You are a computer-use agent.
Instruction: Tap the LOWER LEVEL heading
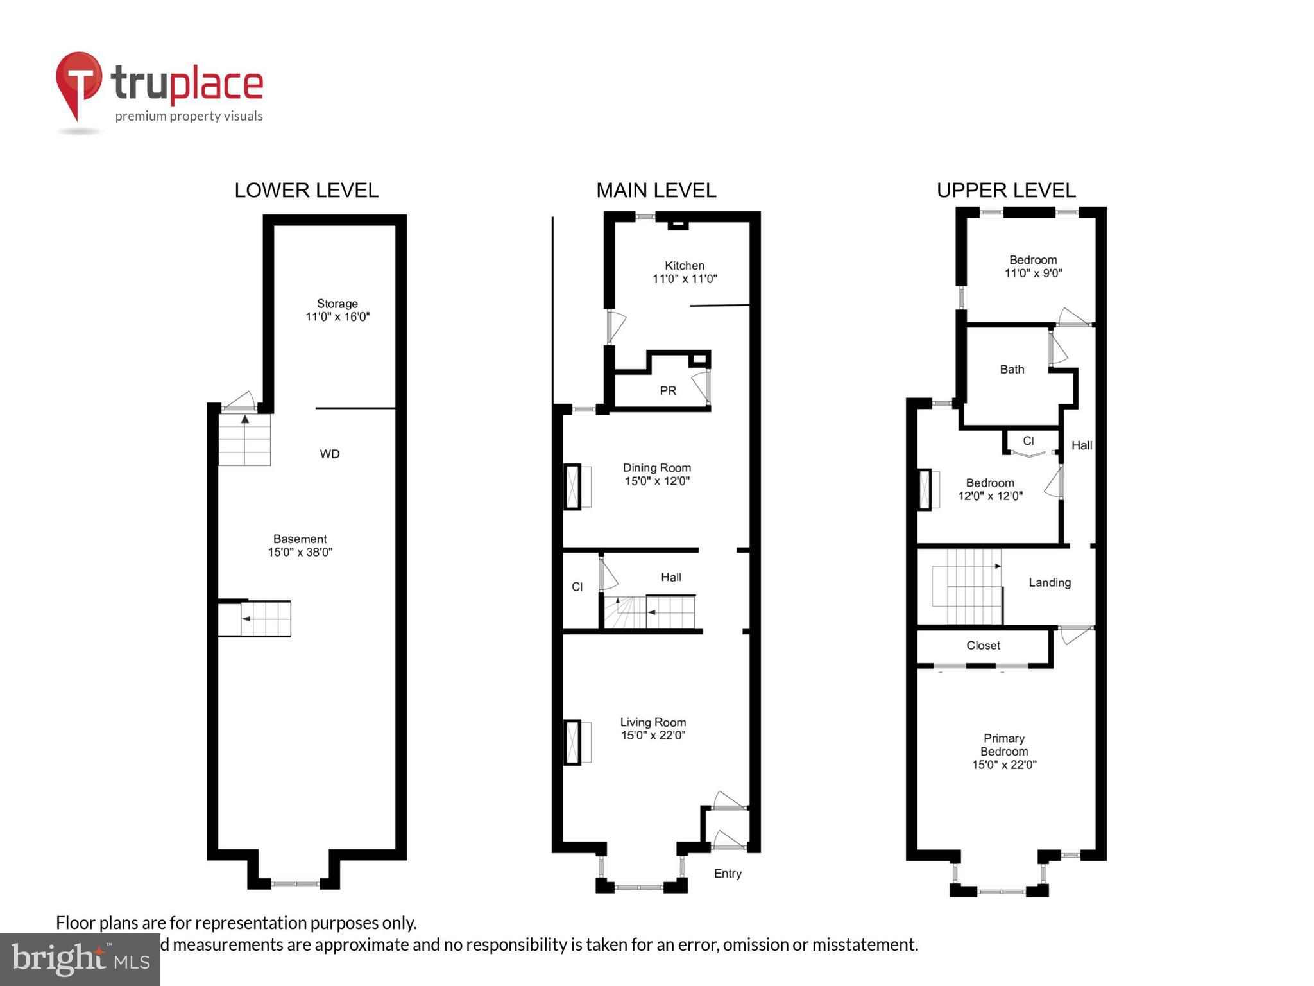pyautogui.click(x=306, y=191)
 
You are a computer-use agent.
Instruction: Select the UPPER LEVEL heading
pyautogui.click(x=1005, y=191)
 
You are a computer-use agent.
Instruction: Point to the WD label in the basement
pyautogui.click(x=329, y=454)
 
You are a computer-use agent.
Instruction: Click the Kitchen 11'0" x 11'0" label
pyautogui.click(x=685, y=272)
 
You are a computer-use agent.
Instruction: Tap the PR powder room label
pyautogui.click(x=668, y=391)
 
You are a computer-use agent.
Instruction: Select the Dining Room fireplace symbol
pyautogui.click(x=572, y=487)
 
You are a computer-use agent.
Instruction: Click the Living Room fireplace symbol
pyautogui.click(x=572, y=742)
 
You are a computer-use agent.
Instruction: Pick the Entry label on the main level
pyautogui.click(x=728, y=874)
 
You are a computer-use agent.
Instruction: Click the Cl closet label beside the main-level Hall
pyautogui.click(x=577, y=587)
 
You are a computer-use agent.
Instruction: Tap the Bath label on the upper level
pyautogui.click(x=1012, y=370)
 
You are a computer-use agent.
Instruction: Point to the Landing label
pyautogui.click(x=1050, y=583)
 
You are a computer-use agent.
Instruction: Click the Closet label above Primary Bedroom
pyautogui.click(x=983, y=646)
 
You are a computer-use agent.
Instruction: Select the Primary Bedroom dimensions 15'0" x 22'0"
pyautogui.click(x=1004, y=765)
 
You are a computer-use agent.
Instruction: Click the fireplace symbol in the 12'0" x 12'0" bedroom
pyautogui.click(x=925, y=490)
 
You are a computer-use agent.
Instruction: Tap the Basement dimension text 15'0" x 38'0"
pyautogui.click(x=300, y=553)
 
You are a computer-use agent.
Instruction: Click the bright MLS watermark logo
pyautogui.click(x=80, y=960)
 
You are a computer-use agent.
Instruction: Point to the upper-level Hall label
pyautogui.click(x=1082, y=445)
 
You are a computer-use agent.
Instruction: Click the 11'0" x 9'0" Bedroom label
pyautogui.click(x=1033, y=266)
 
